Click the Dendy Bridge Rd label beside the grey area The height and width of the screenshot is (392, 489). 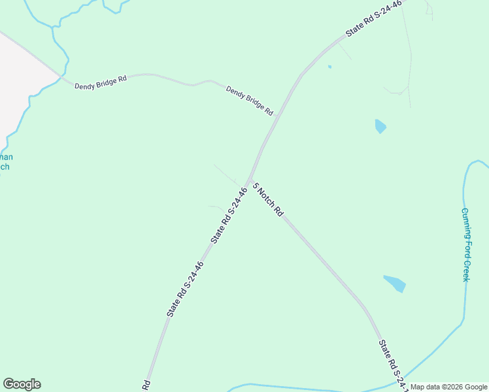(100, 83)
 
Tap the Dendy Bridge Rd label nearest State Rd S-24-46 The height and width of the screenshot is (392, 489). (249, 101)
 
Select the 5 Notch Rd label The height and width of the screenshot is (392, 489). (267, 199)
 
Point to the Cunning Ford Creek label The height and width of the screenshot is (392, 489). (465, 244)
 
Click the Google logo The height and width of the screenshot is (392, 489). (22, 384)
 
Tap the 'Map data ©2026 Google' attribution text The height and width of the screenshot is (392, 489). (449, 387)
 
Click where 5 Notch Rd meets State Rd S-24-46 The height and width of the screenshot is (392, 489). (249, 180)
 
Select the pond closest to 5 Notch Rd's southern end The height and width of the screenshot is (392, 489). (395, 284)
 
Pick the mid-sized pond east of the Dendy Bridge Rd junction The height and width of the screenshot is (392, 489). (380, 126)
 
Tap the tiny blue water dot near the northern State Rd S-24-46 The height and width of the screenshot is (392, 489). (329, 67)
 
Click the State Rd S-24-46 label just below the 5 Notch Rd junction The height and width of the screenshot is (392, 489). (229, 216)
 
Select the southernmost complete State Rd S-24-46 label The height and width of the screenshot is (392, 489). (185, 289)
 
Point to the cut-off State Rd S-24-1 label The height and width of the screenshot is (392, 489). (393, 365)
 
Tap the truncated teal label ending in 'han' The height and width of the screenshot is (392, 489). (5, 157)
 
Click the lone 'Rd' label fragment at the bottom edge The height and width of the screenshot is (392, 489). (147, 385)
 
